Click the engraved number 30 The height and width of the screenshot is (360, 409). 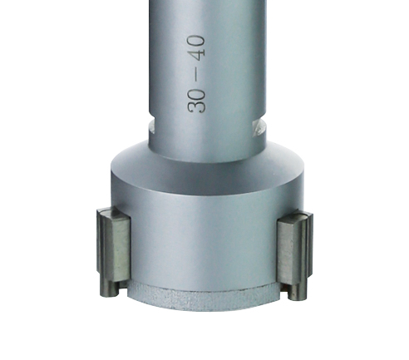pyautogui.click(x=196, y=101)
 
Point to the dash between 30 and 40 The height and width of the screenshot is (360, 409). pyautogui.click(x=197, y=74)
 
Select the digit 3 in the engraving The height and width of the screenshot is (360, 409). pyautogui.click(x=196, y=107)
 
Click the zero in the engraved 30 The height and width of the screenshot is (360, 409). pyautogui.click(x=197, y=94)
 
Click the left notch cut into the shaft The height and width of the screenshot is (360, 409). pyautogui.click(x=151, y=127)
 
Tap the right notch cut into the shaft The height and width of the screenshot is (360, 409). pyautogui.click(x=259, y=127)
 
